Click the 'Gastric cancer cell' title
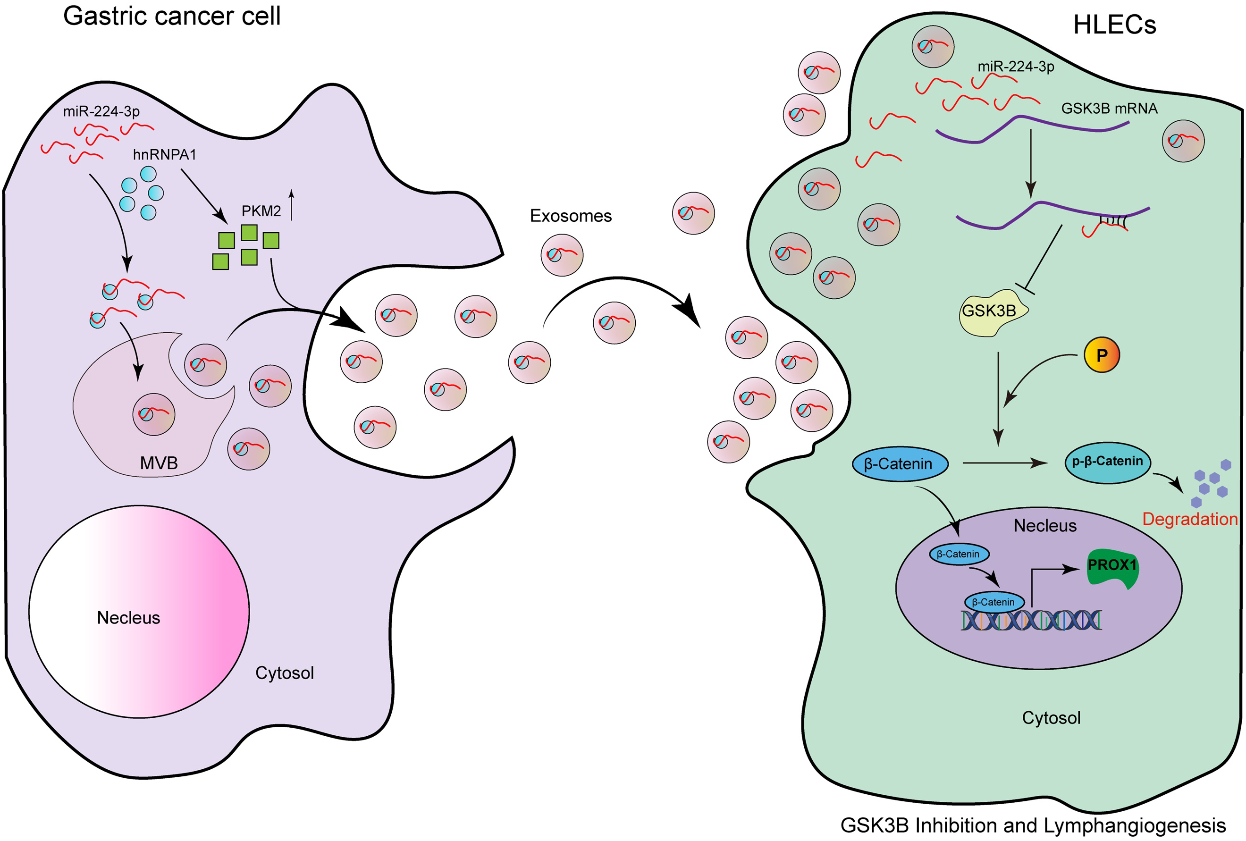point(172,16)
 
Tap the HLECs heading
point(1115,25)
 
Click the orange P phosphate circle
point(1102,355)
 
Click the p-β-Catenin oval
point(1107,462)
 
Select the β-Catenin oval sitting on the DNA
point(994,602)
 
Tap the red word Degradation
point(1190,519)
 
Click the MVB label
point(159,463)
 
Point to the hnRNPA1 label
point(165,155)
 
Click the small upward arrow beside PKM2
point(292,204)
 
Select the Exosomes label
point(571,216)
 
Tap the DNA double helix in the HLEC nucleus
point(1030,620)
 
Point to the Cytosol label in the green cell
point(1052,718)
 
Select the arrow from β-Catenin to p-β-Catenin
point(1006,463)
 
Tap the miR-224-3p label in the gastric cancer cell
point(101,111)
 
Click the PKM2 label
point(261,211)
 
